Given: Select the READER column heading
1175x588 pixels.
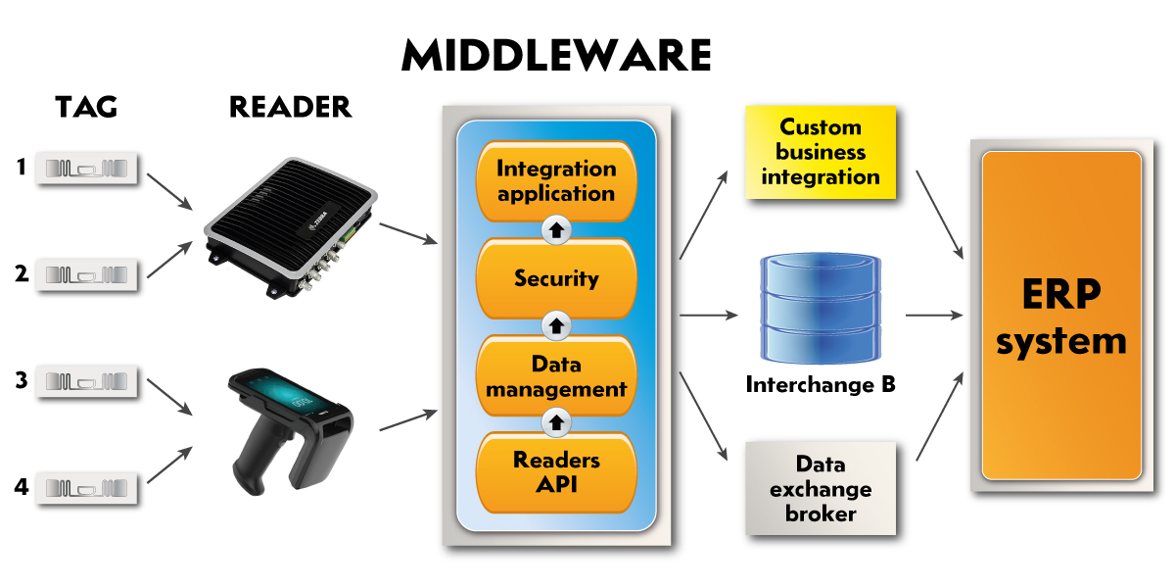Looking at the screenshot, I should pos(290,107).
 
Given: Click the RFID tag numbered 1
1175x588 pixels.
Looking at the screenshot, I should pos(87,169).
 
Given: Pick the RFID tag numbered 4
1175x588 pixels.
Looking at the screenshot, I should pos(87,487).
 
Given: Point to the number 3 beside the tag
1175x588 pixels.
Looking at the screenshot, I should pos(21,379).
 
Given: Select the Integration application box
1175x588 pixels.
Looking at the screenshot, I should pos(556,180).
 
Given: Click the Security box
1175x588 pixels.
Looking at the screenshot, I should pos(556,278).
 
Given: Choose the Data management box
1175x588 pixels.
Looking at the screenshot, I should pos(556,376).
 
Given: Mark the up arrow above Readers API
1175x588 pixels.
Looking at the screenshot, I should pos(556,422).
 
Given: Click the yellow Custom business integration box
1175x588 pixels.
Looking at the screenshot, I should pos(821,152).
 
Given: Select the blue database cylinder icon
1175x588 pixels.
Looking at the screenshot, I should pos(821,310).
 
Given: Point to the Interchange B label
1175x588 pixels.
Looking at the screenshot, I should pos(821,384).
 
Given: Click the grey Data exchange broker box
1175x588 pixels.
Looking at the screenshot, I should pos(821,488).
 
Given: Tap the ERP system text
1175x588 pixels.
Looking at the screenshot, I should pos(1061,316).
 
